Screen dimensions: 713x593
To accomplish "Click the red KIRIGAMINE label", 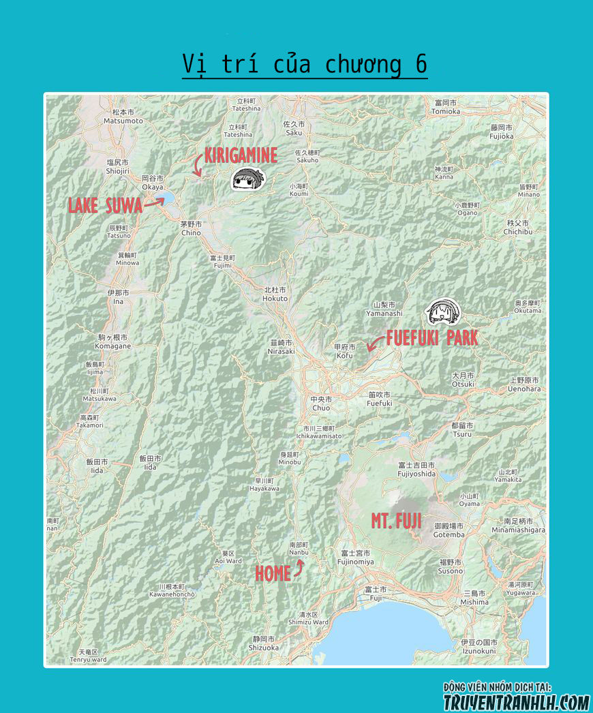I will coord(241,155).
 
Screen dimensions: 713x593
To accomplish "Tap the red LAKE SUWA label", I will coord(105,205).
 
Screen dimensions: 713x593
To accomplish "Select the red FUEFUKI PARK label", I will coord(431,337).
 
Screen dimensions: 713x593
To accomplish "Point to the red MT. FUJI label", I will coord(396,521).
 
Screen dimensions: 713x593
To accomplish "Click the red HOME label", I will coord(273,574).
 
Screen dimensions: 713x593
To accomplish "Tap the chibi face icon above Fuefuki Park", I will coord(443,312).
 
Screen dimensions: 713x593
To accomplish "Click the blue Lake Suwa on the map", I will coord(164,200).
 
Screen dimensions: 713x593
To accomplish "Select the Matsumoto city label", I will coord(123,117).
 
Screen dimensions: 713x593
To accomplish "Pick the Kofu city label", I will coord(344,351).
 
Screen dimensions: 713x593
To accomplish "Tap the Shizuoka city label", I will coord(264,643).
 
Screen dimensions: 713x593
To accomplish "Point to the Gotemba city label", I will coord(449,530).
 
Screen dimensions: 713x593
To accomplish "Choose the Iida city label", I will coord(97,466).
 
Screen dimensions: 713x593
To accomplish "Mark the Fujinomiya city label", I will coord(355,558).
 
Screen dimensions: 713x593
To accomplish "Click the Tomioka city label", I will coord(446,107).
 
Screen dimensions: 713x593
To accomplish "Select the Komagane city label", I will coord(113,342).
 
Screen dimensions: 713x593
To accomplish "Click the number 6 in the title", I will coord(421,64).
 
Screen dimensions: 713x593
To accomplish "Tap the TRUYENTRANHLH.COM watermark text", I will coord(516,701).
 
